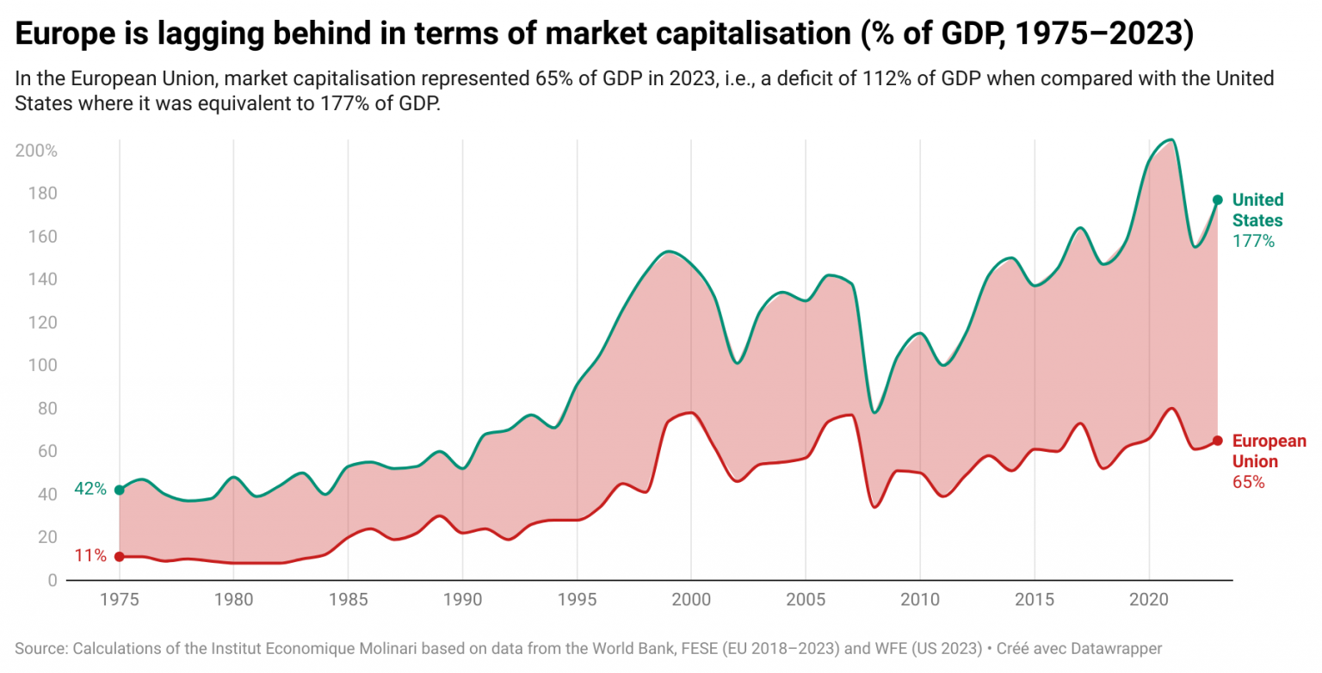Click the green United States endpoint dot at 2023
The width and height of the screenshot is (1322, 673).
tap(1217, 200)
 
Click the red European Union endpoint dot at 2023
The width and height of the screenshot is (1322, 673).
tap(1217, 441)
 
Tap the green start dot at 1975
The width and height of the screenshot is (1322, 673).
tap(120, 490)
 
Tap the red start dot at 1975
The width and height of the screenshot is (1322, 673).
tap(120, 557)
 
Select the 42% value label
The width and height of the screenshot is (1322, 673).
tap(90, 489)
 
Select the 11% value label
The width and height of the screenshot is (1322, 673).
tap(90, 556)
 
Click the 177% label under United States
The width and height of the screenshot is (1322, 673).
tap(1253, 241)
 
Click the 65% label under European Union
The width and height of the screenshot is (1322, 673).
tap(1248, 482)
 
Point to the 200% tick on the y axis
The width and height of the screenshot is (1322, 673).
tap(36, 151)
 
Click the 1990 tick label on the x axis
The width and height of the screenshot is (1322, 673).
tap(462, 599)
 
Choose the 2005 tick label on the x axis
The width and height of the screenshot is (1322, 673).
tap(805, 599)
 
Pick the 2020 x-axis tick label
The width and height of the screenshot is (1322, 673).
tap(1148, 599)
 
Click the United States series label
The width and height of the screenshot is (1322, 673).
tap(1257, 210)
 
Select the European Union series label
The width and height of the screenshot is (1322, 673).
tap(1269, 451)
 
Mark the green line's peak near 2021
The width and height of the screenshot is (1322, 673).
tap(1171, 139)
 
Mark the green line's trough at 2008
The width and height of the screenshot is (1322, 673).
tap(874, 412)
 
